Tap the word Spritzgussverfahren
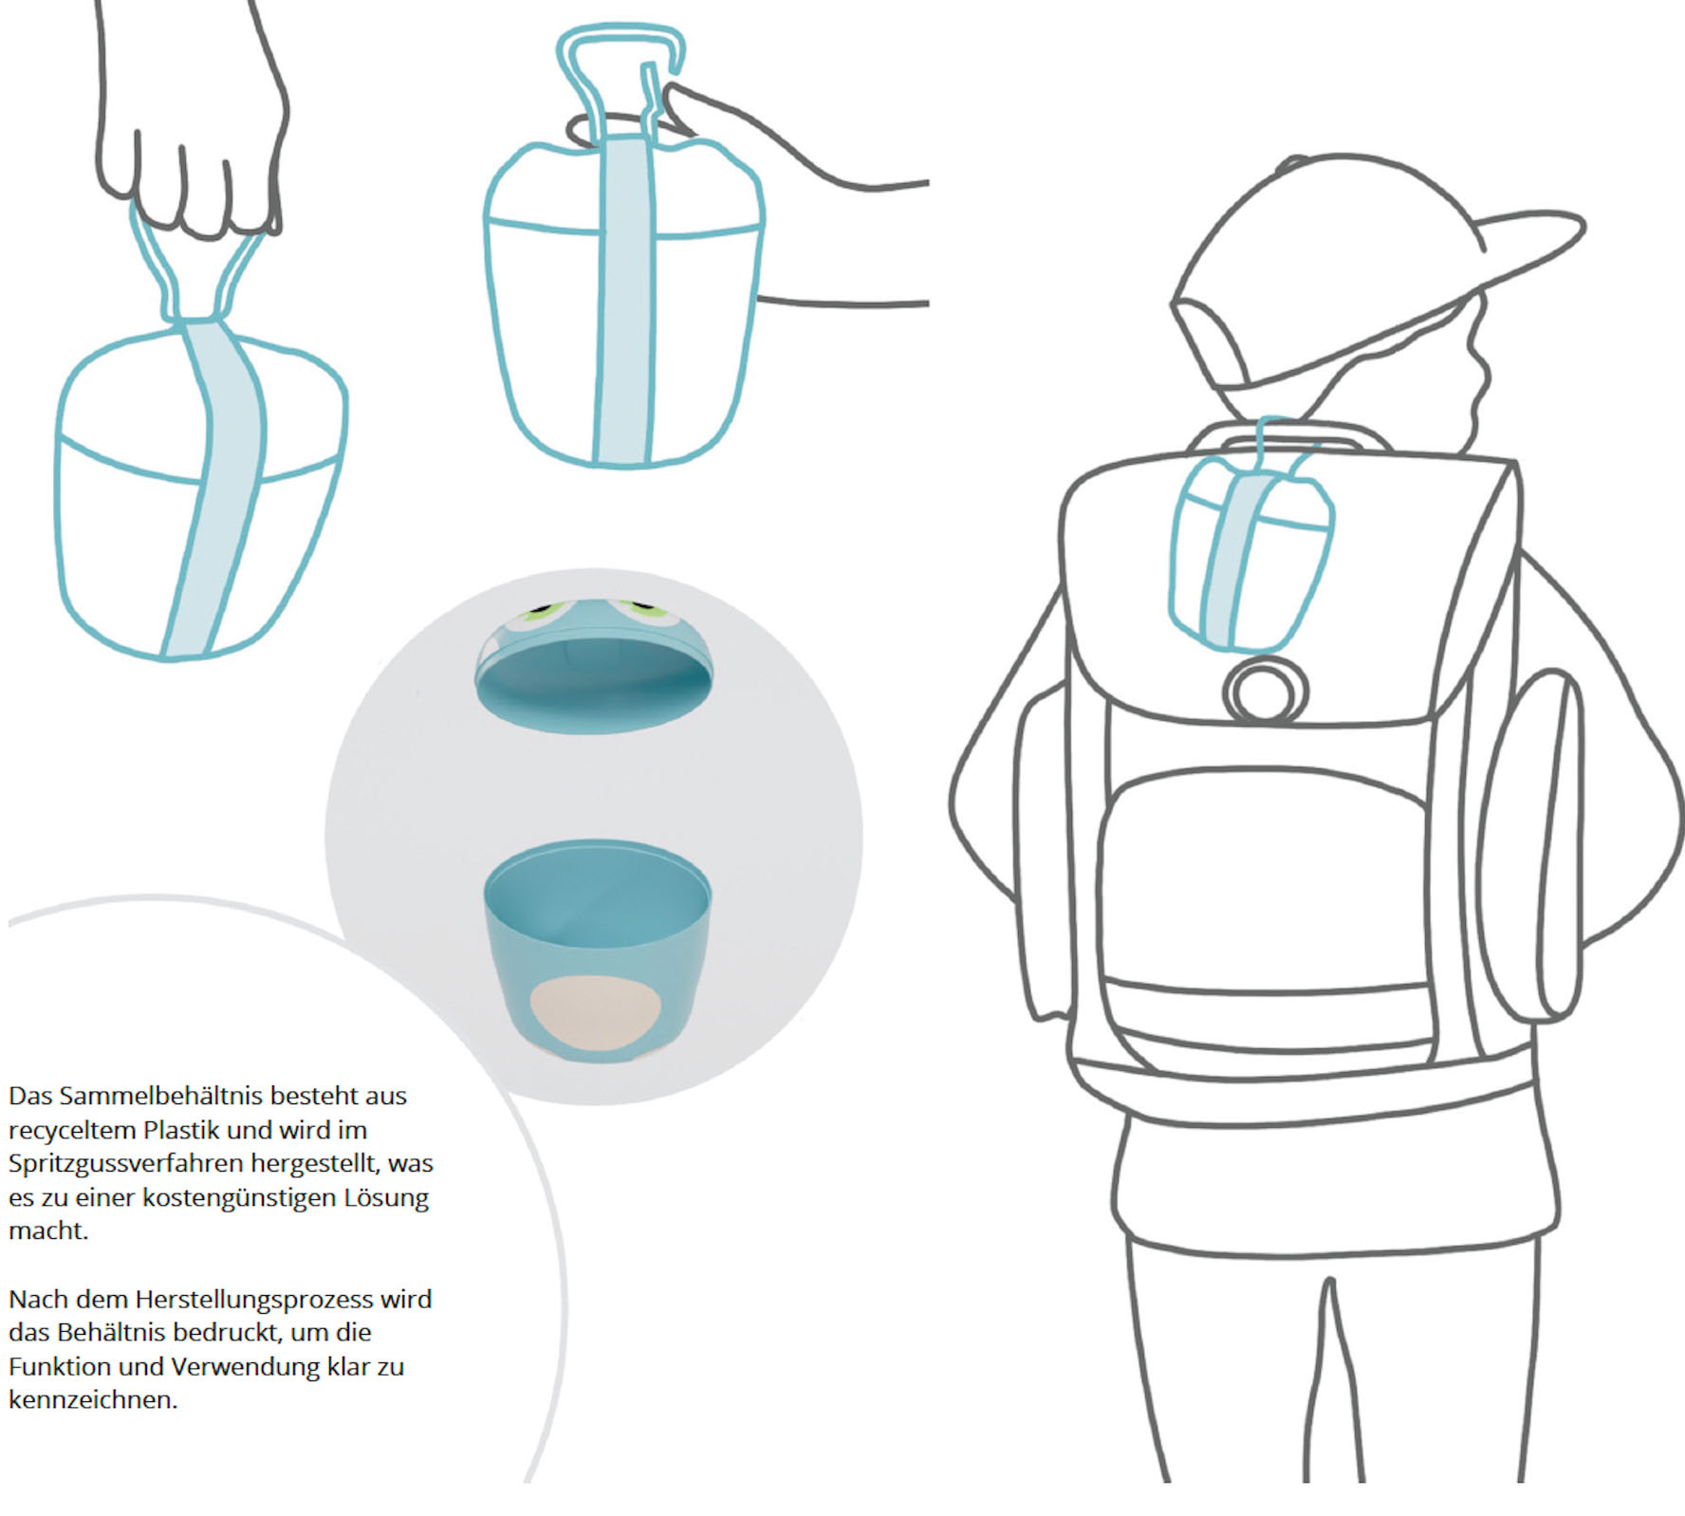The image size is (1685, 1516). click(126, 1164)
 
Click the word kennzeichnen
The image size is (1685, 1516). click(93, 1400)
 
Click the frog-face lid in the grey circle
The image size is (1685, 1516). click(594, 665)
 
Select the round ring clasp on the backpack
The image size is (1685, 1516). click(1265, 691)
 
